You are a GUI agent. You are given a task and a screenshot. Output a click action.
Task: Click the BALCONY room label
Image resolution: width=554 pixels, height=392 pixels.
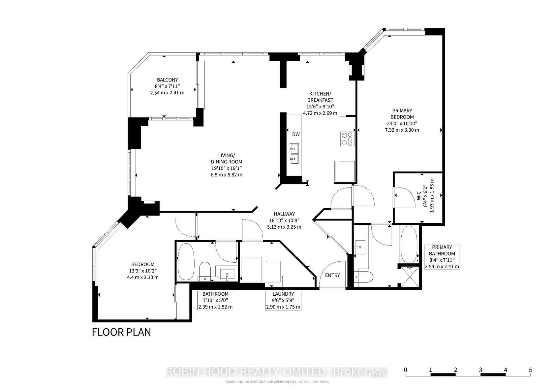pos(167,80)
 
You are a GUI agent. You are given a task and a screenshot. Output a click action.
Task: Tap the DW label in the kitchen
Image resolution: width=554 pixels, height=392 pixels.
pos(296,134)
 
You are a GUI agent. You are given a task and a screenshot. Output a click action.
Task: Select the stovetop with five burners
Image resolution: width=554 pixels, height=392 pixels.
pos(347,139)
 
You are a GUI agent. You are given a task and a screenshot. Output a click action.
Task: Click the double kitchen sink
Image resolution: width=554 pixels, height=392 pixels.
pos(294,154)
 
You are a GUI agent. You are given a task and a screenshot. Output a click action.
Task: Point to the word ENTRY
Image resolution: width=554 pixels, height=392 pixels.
pos(332,275)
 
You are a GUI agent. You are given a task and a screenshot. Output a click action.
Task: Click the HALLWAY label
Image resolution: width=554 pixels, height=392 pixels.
pos(284,214)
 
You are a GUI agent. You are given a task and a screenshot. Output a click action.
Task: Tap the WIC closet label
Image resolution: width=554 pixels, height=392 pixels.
pos(419,195)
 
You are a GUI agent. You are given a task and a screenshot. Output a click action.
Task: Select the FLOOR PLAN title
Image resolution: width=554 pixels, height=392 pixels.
pos(121,332)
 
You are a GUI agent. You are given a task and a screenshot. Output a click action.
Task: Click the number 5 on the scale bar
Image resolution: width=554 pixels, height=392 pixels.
pos(531,370)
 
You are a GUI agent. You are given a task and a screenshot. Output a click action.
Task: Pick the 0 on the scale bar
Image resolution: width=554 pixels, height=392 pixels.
pos(405,370)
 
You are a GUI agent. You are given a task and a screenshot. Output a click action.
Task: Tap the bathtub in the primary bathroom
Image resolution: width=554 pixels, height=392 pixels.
pos(409,244)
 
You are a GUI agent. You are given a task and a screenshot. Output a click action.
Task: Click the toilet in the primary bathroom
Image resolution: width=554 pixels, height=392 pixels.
pos(363,277)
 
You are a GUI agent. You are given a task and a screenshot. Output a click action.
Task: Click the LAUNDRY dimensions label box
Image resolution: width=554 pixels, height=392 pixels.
pos(283,300)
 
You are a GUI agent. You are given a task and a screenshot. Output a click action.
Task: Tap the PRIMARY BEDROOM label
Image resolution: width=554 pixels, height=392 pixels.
pos(402,114)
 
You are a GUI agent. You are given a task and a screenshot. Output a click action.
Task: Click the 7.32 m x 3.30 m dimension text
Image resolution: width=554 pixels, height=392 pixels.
pos(402,130)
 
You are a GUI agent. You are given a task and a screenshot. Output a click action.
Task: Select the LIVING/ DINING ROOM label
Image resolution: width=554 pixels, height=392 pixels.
pos(226,159)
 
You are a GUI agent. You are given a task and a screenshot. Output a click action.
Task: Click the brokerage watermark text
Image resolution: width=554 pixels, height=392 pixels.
pos(277,372)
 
